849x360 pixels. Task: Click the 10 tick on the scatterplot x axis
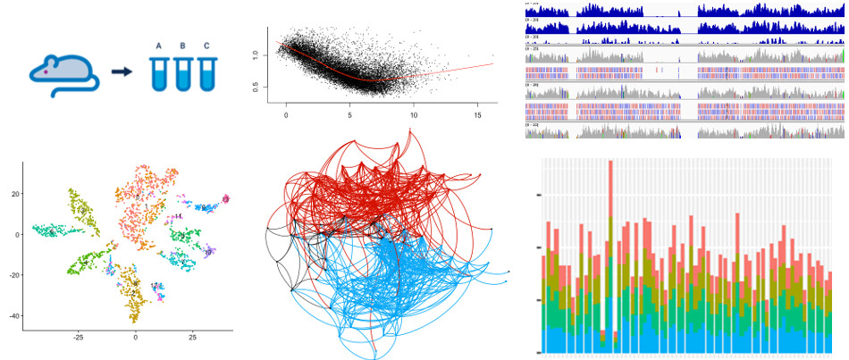pos(414,114)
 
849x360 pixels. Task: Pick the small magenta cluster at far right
pos(226,198)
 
